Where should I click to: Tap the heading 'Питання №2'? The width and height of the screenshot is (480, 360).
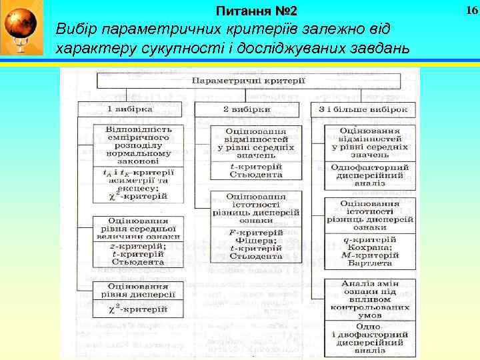[257, 12]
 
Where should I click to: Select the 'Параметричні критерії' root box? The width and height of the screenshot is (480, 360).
[249, 80]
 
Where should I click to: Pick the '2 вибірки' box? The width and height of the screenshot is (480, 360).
[247, 109]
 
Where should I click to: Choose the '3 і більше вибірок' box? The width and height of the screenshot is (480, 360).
[364, 109]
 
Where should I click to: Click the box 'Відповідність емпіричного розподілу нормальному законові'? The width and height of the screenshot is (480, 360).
[139, 145]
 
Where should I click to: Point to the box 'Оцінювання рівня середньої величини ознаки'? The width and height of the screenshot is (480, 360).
[137, 227]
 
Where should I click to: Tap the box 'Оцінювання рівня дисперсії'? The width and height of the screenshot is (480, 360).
[139, 289]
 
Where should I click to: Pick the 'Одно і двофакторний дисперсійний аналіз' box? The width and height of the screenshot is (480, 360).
[369, 337]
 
